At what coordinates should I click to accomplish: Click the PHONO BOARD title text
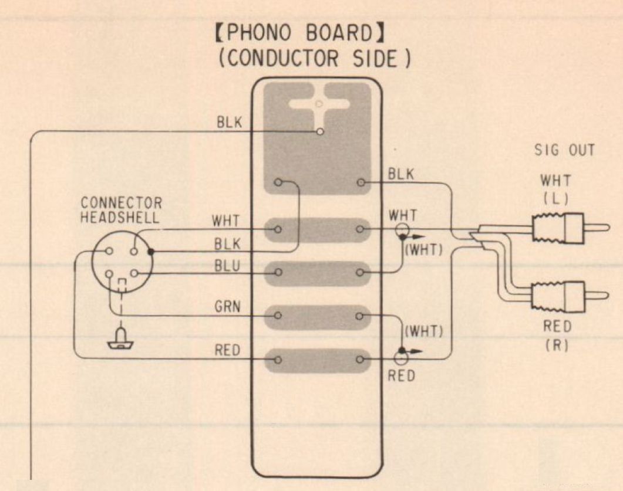(300, 35)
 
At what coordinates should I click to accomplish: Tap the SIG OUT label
(564, 151)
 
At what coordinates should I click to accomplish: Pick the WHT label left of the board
(226, 222)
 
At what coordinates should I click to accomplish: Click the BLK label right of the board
(401, 174)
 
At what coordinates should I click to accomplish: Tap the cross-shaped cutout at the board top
(317, 106)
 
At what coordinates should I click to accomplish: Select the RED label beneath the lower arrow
(401, 375)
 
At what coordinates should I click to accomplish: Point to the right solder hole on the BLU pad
(361, 273)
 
